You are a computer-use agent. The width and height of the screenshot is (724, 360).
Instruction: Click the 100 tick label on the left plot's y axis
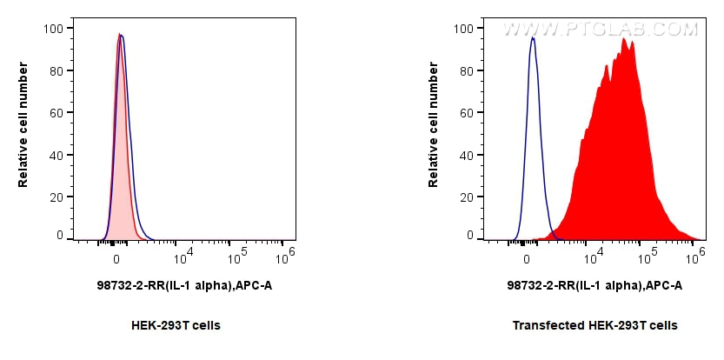tap(52, 29)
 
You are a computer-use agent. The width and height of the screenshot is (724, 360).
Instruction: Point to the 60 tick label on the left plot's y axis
tap(56, 113)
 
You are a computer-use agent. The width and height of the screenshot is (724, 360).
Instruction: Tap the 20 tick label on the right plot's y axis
tap(466, 197)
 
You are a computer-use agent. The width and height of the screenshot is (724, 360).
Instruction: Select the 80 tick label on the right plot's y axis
tap(466, 71)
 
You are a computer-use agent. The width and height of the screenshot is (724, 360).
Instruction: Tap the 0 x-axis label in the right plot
tap(527, 258)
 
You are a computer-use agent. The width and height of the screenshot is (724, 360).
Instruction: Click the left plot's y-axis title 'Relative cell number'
tap(23, 130)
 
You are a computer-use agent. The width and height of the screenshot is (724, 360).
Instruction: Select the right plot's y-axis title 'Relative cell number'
tap(434, 130)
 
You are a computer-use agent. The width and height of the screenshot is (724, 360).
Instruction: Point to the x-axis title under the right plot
tap(594, 285)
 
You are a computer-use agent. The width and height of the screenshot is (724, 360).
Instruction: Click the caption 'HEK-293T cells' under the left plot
tap(176, 325)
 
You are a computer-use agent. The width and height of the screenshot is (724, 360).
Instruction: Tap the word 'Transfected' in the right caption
tap(541, 325)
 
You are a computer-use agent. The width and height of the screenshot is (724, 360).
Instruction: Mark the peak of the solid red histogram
tap(624, 39)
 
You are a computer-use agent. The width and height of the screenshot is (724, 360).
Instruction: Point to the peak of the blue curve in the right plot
tap(532, 38)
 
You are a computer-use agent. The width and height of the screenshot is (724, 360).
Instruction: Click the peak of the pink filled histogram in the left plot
tap(119, 35)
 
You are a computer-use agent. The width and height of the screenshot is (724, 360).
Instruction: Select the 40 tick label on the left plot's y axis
tap(56, 156)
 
